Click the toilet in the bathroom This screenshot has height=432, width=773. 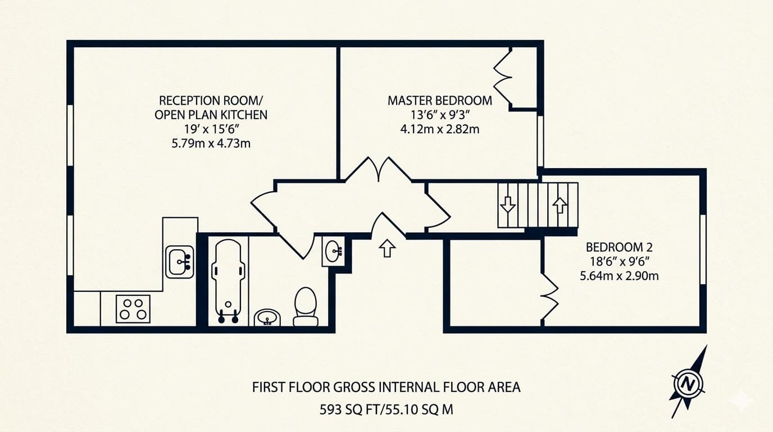(x=306, y=306)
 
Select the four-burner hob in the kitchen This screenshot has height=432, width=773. (x=133, y=309)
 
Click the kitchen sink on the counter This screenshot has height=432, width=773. (x=180, y=262)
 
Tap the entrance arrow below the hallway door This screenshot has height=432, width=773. (x=387, y=247)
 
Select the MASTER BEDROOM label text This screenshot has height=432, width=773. (x=439, y=101)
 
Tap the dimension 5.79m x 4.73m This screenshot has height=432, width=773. (x=211, y=143)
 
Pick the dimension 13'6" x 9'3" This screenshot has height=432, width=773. (x=439, y=115)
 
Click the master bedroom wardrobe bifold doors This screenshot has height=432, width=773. (x=503, y=77)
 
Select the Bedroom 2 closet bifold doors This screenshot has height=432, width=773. (x=551, y=296)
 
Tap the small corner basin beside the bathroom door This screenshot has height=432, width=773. (x=334, y=250)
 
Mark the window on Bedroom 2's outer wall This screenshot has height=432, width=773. (x=702, y=249)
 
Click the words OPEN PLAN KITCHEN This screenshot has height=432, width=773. (x=211, y=115)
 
